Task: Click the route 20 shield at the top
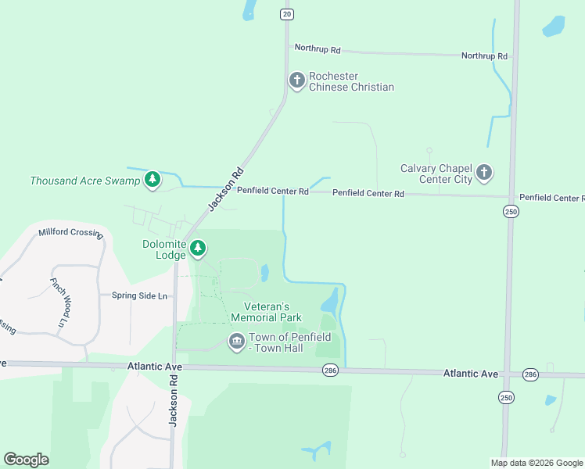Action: point(287,14)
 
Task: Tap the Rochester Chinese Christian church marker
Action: point(296,80)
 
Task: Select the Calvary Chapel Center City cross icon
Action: point(484,173)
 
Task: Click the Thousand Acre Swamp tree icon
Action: point(153,181)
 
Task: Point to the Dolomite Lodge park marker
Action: point(199,249)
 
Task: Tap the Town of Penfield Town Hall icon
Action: point(236,342)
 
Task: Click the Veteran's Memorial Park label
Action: point(267,312)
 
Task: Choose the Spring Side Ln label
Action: point(139,295)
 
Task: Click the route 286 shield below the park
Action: point(330,371)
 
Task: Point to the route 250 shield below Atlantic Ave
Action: point(507,398)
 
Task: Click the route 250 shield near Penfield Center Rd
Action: point(511,212)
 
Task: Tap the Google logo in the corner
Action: point(26,460)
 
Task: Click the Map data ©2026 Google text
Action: point(536,463)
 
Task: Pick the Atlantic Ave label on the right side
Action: point(470,374)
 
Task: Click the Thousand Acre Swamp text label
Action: point(84,181)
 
